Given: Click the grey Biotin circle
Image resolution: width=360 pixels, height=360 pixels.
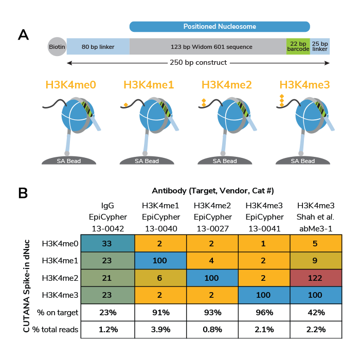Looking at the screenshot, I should tap(57, 47).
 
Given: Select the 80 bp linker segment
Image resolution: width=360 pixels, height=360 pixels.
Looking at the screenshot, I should tap(98, 47).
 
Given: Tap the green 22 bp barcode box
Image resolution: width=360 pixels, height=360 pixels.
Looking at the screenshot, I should tap(298, 47).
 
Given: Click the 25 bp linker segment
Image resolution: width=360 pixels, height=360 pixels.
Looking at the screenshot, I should tap(320, 47).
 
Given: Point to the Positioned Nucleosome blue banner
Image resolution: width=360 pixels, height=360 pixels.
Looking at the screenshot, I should tap(220, 26).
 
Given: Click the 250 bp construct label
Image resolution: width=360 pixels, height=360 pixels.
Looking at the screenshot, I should tap(198, 63).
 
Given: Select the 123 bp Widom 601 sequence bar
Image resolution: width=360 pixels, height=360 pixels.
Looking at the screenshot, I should tap(211, 47).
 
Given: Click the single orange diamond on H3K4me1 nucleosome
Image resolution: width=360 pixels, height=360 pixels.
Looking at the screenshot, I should tap(125, 106).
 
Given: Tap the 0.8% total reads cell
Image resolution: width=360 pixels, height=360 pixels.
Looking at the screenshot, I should tap(212, 330).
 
